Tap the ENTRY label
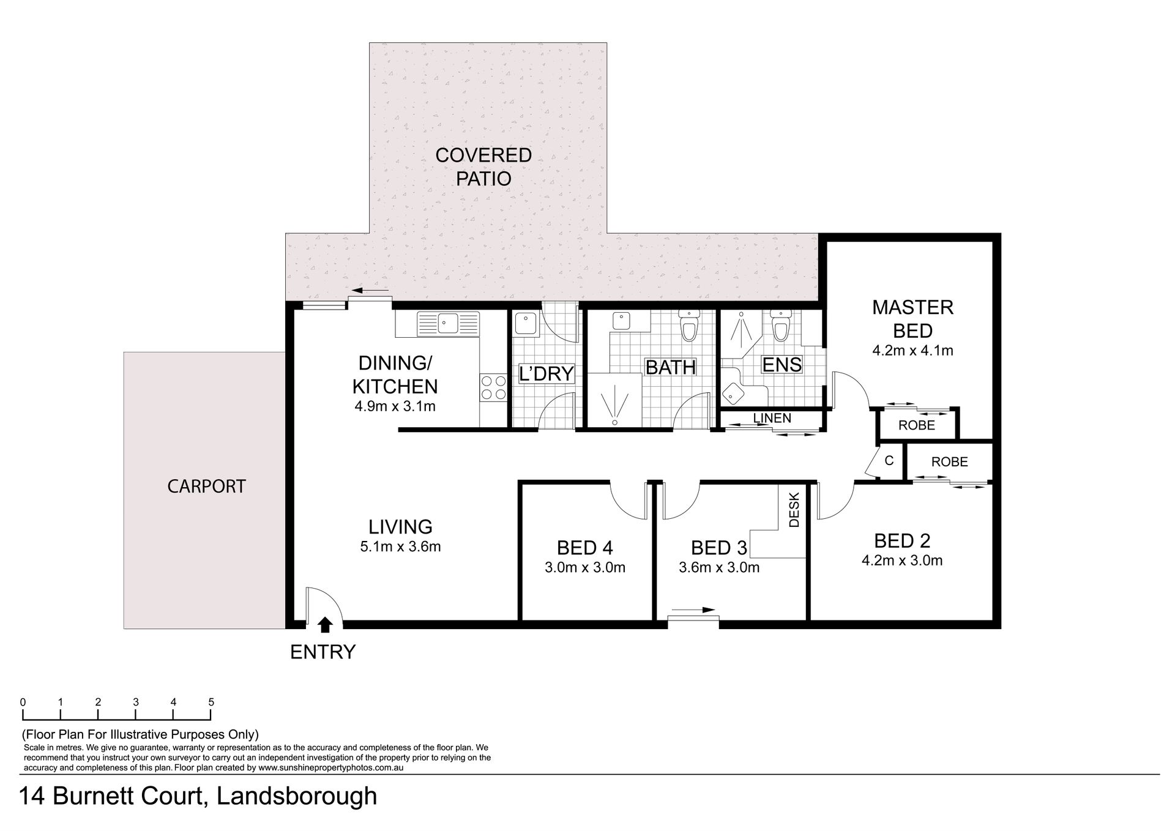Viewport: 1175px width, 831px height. pyautogui.click(x=323, y=652)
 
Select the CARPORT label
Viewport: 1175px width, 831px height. pyautogui.click(x=206, y=486)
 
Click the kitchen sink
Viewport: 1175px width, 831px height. pyautogui.click(x=448, y=323)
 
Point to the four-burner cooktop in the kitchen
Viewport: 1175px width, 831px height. pyautogui.click(x=494, y=387)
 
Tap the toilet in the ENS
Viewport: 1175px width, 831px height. pyautogui.click(x=780, y=325)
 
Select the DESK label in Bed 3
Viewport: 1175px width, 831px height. pyautogui.click(x=794, y=509)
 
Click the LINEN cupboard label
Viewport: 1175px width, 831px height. pyautogui.click(x=772, y=418)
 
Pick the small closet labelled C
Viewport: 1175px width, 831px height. pyautogui.click(x=889, y=461)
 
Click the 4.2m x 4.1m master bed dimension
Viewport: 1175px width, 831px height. pyautogui.click(x=912, y=351)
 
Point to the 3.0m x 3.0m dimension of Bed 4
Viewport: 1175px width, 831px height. pyautogui.click(x=585, y=567)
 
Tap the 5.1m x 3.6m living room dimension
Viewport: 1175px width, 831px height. pyautogui.click(x=401, y=546)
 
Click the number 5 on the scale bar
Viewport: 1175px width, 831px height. pyautogui.click(x=211, y=702)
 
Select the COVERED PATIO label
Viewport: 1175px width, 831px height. pyautogui.click(x=483, y=167)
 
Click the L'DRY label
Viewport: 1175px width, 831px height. pyautogui.click(x=546, y=373)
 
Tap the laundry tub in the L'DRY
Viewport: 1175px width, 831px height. pyautogui.click(x=526, y=324)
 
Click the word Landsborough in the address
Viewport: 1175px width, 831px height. pyautogui.click(x=297, y=796)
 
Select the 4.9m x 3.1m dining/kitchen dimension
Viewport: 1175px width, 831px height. pyautogui.click(x=395, y=406)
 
